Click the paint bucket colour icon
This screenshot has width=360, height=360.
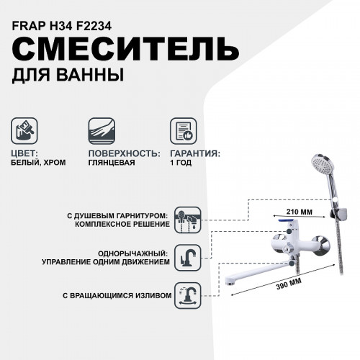point(25,131)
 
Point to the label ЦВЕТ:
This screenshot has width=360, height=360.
point(29,153)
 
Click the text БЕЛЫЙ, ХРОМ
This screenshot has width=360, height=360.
point(40,163)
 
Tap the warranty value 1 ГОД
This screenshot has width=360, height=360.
point(182,163)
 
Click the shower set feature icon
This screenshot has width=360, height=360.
point(189,219)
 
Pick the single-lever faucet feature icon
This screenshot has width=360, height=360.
point(189,258)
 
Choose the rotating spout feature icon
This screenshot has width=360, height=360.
point(189,295)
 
